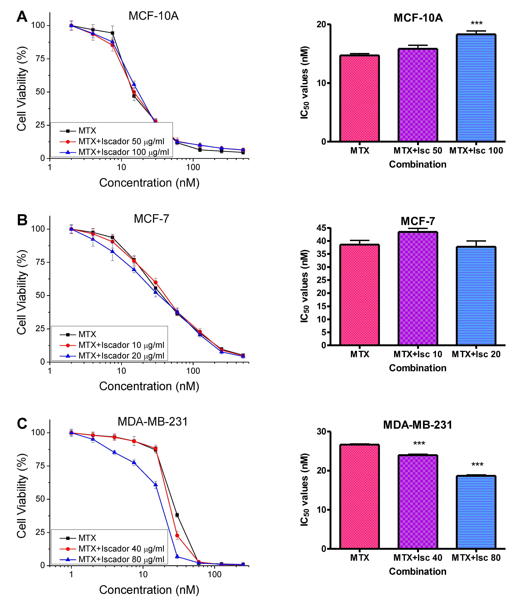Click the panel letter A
tap(22, 17)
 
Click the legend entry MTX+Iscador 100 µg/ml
tap(124, 152)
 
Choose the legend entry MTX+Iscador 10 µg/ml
tap(121, 345)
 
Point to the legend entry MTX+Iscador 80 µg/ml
tap(121, 559)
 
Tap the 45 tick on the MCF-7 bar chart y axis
tap(322, 228)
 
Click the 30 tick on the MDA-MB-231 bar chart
tap(322, 432)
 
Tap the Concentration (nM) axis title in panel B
tap(149, 386)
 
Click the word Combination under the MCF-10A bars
tap(418, 164)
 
